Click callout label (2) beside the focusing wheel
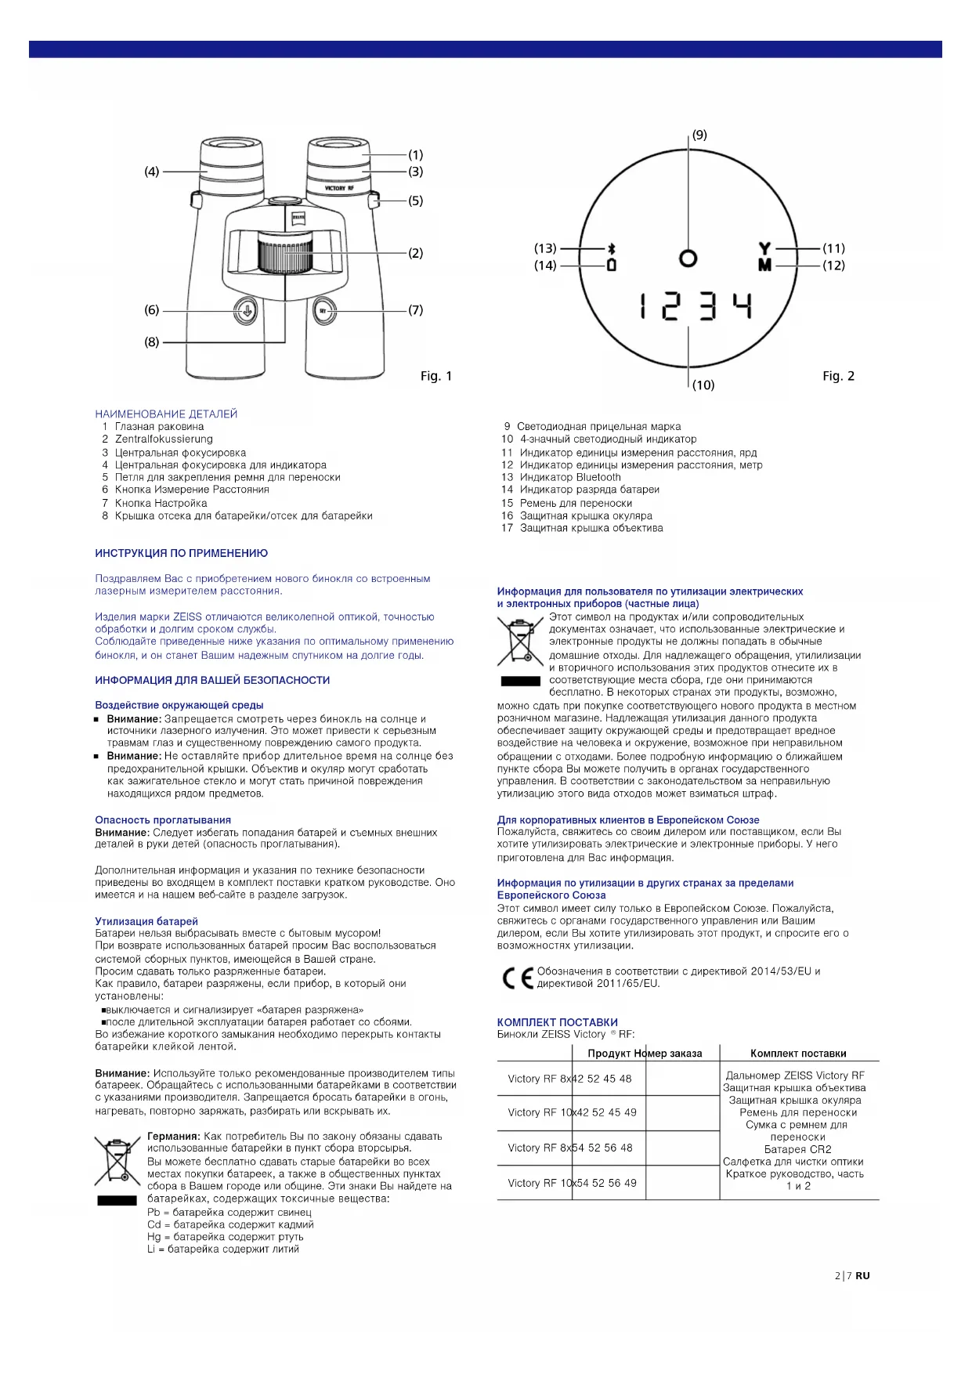(415, 253)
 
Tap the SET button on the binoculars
(324, 311)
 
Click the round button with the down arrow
(245, 311)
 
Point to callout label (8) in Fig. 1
(152, 342)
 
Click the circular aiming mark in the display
(688, 258)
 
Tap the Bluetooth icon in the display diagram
(612, 248)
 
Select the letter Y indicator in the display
(764, 248)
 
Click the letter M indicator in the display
(764, 265)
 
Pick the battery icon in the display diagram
(612, 265)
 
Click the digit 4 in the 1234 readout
(742, 306)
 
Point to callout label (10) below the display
(703, 385)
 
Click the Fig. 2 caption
(838, 376)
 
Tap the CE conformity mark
(517, 978)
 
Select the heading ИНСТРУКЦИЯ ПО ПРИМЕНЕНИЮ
(182, 553)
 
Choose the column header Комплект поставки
(798, 1054)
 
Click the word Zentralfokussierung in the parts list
(164, 439)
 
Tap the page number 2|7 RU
(852, 1275)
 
